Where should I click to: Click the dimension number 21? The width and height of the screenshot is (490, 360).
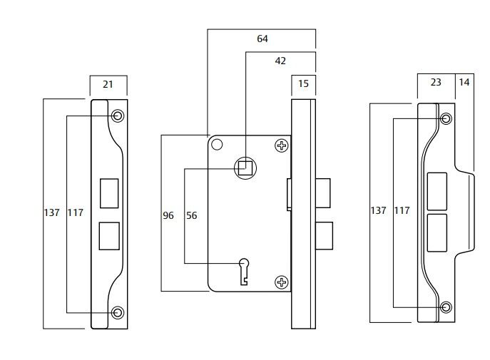[x=108, y=84]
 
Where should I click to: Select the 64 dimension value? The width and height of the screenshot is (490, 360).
[x=262, y=38]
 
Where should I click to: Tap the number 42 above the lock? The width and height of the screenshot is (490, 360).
[x=280, y=61]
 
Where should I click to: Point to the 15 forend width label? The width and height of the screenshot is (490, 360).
[x=303, y=84]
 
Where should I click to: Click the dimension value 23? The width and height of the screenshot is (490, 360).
[x=437, y=82]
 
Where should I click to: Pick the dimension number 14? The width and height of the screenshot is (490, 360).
[x=464, y=82]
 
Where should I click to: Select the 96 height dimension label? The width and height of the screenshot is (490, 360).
[x=168, y=215]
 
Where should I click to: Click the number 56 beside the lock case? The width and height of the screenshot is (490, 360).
[x=191, y=215]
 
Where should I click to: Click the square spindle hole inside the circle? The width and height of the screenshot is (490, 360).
[x=245, y=168]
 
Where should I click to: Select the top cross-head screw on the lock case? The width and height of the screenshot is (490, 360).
[x=282, y=146]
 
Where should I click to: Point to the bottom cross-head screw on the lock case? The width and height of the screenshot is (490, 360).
[x=282, y=282]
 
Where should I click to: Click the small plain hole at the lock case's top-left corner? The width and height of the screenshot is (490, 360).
[x=217, y=145]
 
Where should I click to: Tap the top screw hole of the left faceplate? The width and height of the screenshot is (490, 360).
[x=118, y=115]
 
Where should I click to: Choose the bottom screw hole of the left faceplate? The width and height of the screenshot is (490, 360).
[x=118, y=312]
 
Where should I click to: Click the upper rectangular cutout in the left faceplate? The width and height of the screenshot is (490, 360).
[x=109, y=192]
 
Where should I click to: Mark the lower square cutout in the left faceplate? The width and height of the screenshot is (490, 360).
[x=109, y=236]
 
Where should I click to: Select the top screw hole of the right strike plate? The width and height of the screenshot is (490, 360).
[x=446, y=118]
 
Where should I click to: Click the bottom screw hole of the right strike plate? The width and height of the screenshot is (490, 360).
[x=446, y=307]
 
